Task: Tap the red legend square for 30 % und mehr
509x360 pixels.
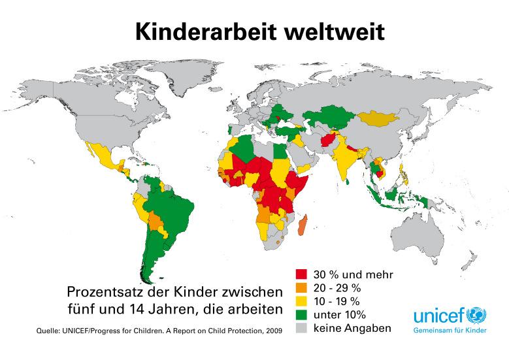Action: [301, 274]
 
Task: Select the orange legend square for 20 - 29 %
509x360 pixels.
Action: [301, 287]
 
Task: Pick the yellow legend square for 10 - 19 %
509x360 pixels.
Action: [301, 301]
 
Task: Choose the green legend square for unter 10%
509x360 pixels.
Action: [301, 314]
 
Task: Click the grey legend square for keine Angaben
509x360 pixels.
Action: [301, 328]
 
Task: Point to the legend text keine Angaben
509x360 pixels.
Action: [352, 328]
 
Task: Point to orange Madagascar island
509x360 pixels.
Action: [303, 228]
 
